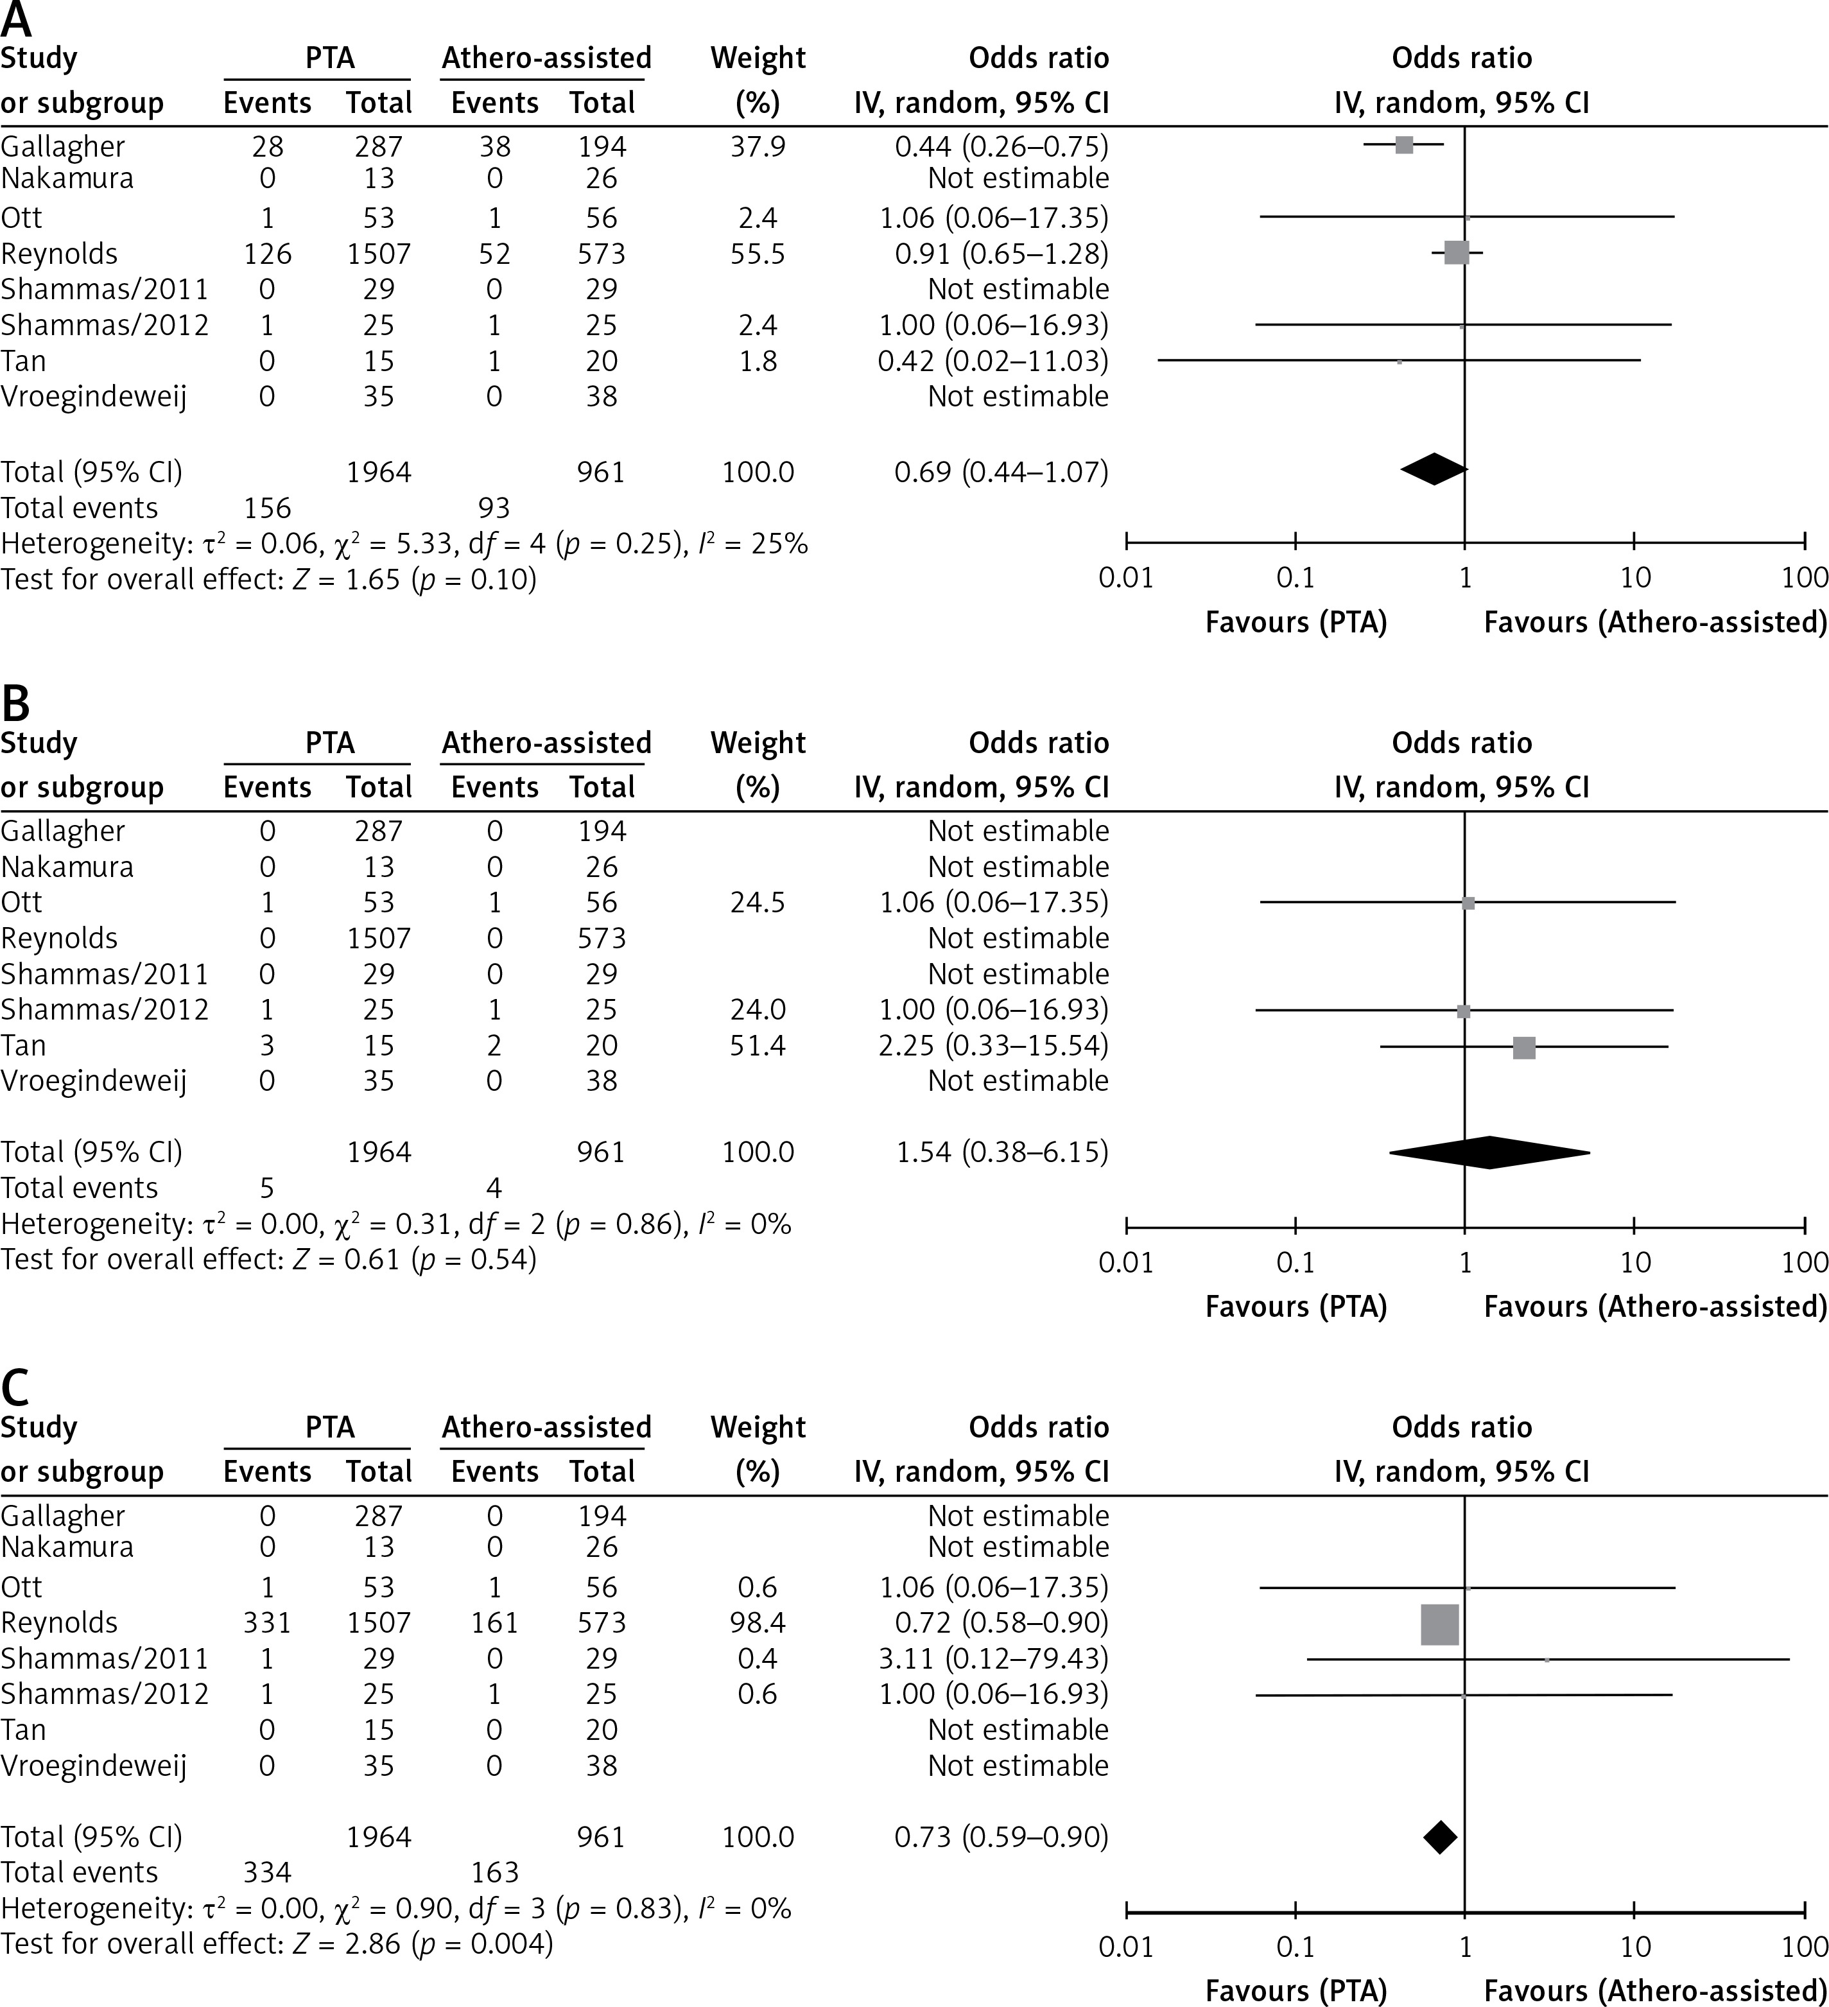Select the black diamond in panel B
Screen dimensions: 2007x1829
click(1489, 1152)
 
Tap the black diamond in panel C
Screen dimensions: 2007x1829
click(1441, 1837)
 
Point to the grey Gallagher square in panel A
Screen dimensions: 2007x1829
click(1404, 145)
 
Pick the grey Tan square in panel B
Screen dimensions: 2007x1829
click(1523, 1047)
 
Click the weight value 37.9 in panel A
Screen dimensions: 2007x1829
click(758, 147)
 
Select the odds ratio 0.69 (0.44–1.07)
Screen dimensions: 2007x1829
click(1001, 472)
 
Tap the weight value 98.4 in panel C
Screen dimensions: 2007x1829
click(758, 1622)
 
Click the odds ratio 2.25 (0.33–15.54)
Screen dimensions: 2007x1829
click(993, 1045)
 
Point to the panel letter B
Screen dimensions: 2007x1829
click(16, 704)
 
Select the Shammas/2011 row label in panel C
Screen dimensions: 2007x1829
click(105, 1658)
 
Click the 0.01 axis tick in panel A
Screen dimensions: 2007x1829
click(1126, 577)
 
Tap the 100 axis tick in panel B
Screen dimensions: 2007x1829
click(1804, 1262)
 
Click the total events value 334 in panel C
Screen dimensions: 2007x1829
click(267, 1873)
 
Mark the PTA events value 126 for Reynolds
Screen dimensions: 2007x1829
click(267, 254)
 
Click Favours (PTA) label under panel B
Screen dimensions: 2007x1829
click(1296, 1306)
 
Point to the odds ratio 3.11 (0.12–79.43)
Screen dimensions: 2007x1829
click(993, 1658)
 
